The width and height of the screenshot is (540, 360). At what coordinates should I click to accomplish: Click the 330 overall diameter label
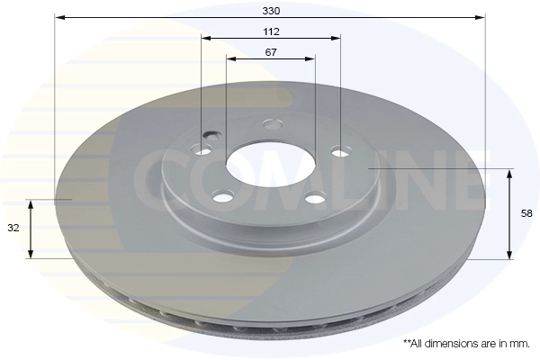[x=271, y=10]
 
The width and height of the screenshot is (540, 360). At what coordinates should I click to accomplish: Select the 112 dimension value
[x=271, y=31]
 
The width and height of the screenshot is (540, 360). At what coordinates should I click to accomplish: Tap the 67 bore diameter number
[x=271, y=52]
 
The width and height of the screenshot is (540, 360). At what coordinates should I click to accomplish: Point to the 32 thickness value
[x=13, y=229]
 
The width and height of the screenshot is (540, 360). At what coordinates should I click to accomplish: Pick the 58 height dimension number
[x=527, y=213]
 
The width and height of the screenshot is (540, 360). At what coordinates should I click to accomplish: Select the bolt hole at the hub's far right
[x=339, y=151]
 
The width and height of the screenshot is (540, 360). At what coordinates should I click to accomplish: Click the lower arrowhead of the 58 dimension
[x=510, y=255]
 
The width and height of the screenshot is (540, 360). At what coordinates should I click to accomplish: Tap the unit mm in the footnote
[x=518, y=344]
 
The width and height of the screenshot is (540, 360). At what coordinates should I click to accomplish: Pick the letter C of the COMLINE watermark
[x=154, y=180]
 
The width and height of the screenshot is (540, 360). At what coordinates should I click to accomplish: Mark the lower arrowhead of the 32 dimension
[x=31, y=254]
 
